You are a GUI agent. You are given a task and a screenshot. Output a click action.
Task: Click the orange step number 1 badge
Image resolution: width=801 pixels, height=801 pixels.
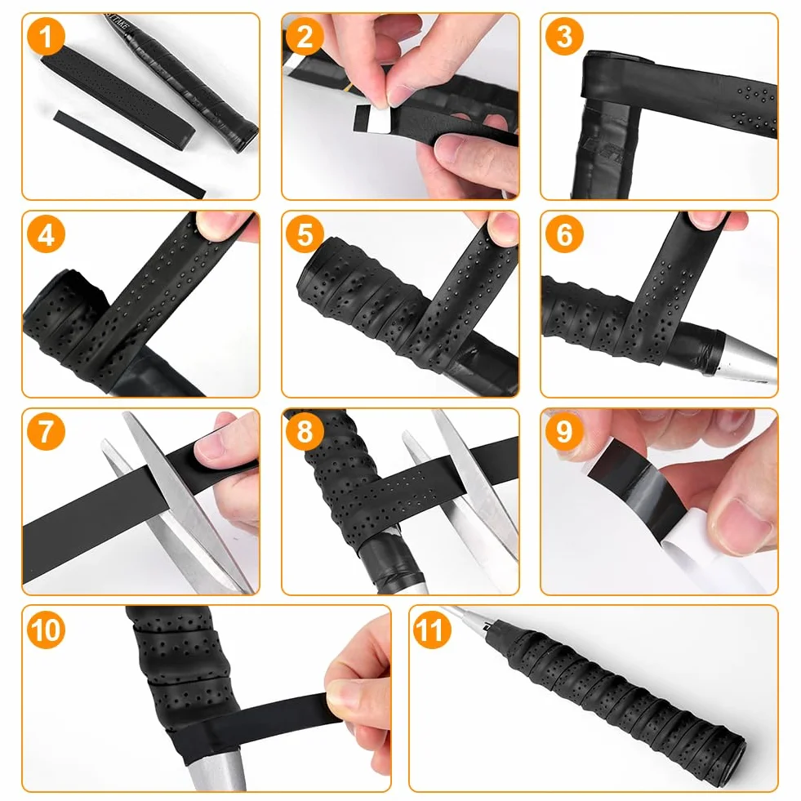coord(46,36)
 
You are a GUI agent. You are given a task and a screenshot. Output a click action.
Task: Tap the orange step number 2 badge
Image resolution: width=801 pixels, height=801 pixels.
coord(305,36)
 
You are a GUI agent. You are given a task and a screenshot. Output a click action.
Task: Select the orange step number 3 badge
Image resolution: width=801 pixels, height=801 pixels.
coord(564,36)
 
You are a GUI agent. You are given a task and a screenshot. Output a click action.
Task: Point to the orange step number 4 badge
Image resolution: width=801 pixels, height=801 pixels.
coord(46,234)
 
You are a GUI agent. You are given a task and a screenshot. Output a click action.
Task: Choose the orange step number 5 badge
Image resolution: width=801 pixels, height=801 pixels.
coord(305,234)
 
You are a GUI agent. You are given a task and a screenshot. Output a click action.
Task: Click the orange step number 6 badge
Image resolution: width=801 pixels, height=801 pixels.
coord(564,234)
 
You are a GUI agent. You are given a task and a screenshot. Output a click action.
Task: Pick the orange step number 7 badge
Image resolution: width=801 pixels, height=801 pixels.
coord(46,431)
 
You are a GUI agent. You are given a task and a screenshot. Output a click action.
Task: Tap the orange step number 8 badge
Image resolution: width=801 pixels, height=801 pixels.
coord(305,431)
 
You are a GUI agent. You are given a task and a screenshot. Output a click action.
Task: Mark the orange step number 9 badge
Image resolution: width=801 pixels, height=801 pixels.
coord(564,431)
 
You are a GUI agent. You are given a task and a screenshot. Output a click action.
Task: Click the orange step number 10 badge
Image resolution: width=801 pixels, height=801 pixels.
coord(47,630)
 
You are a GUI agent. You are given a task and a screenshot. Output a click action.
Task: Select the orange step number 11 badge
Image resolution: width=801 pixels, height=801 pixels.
coord(432,630)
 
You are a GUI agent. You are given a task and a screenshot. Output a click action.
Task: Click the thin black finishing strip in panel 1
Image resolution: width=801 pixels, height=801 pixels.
coord(130,154)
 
